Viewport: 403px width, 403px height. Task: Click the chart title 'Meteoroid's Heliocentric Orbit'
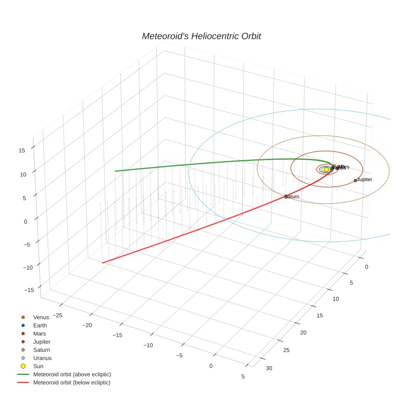click(x=201, y=36)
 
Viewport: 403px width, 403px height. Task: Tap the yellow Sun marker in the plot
click(x=326, y=170)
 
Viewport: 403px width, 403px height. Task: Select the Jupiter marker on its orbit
click(x=355, y=181)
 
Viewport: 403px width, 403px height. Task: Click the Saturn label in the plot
click(x=292, y=197)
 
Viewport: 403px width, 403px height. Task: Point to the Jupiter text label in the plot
click(x=365, y=179)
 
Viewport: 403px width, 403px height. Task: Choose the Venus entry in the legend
click(x=41, y=317)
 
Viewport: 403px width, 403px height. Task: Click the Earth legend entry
click(x=40, y=325)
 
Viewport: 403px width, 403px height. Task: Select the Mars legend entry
click(x=39, y=333)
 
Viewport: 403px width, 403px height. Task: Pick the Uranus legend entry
click(x=42, y=358)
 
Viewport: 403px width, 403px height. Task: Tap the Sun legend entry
click(x=38, y=366)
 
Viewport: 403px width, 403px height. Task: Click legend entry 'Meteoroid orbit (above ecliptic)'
click(x=72, y=374)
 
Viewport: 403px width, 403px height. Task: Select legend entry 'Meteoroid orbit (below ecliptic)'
click(x=72, y=383)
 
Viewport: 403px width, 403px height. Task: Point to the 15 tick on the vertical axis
click(x=22, y=150)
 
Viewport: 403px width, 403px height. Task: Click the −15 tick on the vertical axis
click(x=29, y=290)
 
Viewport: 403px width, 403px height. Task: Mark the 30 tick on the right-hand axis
click(x=269, y=368)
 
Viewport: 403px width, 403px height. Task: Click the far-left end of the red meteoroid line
click(x=102, y=263)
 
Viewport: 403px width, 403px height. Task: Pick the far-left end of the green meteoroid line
click(x=115, y=171)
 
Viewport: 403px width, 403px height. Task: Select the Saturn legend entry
click(x=41, y=350)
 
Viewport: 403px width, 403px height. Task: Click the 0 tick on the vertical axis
click(x=25, y=222)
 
